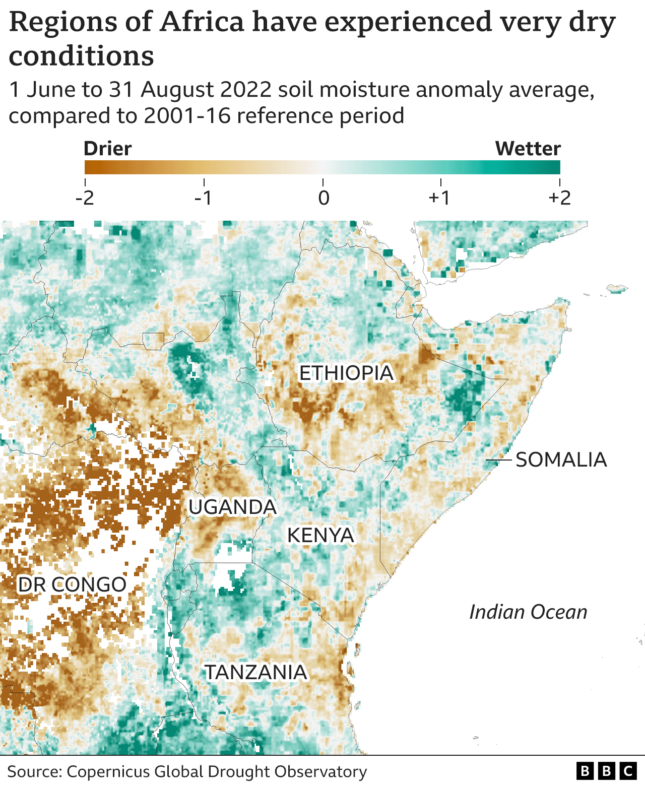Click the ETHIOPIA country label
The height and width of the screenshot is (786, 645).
(346, 373)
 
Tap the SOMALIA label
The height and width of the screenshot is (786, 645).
(561, 460)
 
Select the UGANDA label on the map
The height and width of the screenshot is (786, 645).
(232, 507)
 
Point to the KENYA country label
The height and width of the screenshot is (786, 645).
(320, 535)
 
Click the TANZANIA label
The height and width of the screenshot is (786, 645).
(255, 672)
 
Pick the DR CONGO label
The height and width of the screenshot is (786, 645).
(72, 584)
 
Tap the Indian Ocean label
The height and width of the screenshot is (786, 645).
(528, 612)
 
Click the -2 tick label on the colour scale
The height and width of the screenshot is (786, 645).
(85, 198)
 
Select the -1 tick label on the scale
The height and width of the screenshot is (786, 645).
(204, 198)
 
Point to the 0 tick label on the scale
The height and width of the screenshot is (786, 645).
(324, 198)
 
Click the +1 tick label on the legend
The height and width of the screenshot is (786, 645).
(439, 198)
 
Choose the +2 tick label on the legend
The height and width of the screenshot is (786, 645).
(559, 198)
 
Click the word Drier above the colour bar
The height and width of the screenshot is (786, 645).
(107, 149)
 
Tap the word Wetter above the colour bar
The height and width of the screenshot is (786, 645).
(528, 149)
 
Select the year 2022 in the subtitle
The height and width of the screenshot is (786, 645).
(246, 90)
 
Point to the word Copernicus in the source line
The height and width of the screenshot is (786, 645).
(108, 771)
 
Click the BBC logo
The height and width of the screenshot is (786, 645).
(606, 771)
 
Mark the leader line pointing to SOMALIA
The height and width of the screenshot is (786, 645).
(498, 460)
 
